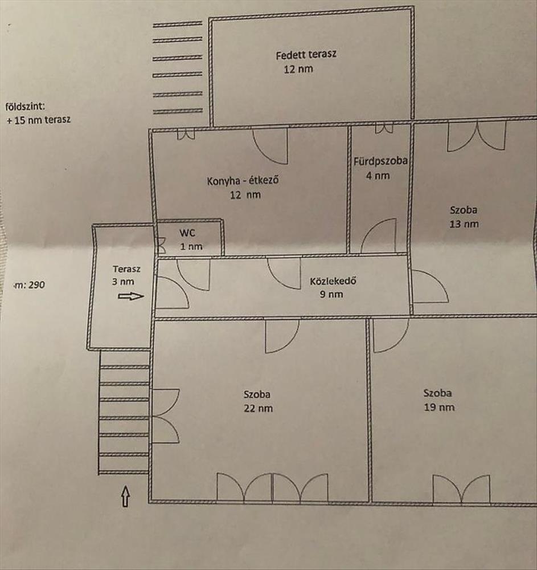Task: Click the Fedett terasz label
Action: pyautogui.click(x=306, y=55)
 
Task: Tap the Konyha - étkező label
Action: pyautogui.click(x=243, y=180)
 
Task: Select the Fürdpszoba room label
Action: pyautogui.click(x=380, y=161)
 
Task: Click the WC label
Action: pyautogui.click(x=187, y=233)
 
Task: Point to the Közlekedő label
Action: pyautogui.click(x=333, y=281)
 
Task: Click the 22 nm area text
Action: pyautogui.click(x=258, y=408)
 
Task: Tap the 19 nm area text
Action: pyautogui.click(x=439, y=407)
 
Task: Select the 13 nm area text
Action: pyautogui.click(x=464, y=224)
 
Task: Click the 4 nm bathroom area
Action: pyautogui.click(x=378, y=176)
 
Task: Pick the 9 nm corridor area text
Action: pyautogui.click(x=331, y=294)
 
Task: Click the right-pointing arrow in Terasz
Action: pyautogui.click(x=131, y=296)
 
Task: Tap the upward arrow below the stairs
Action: pyautogui.click(x=126, y=496)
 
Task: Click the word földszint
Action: pyautogui.click(x=25, y=107)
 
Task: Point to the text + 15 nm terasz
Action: pyautogui.click(x=39, y=120)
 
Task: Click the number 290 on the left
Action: pyautogui.click(x=36, y=284)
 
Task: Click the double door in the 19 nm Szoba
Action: pyautogui.click(x=461, y=489)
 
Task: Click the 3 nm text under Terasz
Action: pyautogui.click(x=123, y=282)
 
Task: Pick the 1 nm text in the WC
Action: pyautogui.click(x=191, y=246)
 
